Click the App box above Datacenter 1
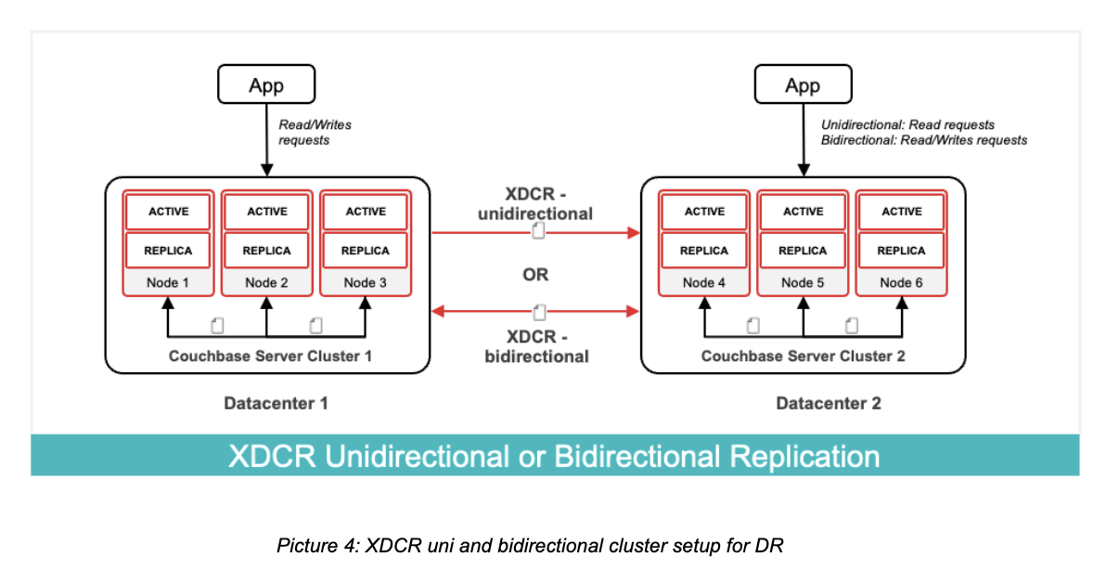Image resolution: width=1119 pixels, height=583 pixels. [266, 85]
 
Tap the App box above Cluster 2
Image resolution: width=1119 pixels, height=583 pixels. [803, 85]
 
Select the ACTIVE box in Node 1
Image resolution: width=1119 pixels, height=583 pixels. [168, 212]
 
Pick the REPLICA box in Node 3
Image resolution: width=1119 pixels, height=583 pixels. [366, 251]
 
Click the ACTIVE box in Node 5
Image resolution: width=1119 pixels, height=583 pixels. [803, 212]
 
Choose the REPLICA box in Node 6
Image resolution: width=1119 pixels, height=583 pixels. [901, 251]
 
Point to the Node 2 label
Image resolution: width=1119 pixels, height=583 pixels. [266, 282]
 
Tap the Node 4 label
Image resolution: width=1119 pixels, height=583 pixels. [704, 282]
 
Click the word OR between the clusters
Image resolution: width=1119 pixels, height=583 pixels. [535, 275]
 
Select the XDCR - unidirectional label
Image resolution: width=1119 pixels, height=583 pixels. [536, 204]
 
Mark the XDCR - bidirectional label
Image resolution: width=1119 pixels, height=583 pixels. [536, 346]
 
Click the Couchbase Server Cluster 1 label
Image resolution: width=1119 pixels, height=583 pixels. [266, 356]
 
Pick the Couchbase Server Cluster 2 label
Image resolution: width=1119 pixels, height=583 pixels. [803, 356]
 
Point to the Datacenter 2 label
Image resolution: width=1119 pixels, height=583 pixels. [829, 404]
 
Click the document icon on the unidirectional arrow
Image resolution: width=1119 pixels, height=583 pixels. [538, 231]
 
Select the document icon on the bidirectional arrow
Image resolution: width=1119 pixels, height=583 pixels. [538, 311]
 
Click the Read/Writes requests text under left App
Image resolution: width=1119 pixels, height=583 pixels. [315, 133]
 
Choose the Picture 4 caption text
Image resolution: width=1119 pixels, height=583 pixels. [530, 545]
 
